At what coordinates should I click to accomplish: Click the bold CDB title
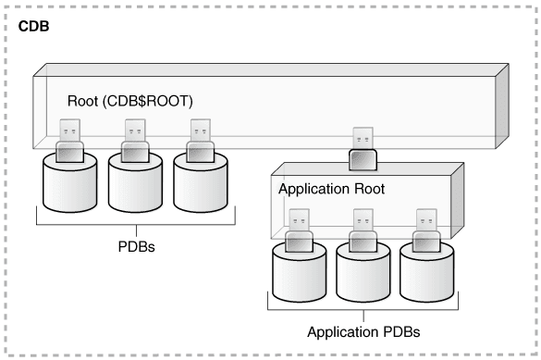[x=33, y=27]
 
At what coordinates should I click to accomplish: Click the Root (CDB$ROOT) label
[x=130, y=101]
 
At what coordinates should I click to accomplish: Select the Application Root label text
[x=331, y=189]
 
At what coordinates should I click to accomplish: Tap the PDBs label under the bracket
[x=136, y=246]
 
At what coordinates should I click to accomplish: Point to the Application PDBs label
[x=363, y=331]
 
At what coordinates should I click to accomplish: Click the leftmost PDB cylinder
[x=69, y=186]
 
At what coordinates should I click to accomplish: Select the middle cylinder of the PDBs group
[x=135, y=186]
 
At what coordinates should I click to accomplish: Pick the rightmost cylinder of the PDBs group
[x=201, y=186]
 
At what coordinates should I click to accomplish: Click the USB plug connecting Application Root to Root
[x=363, y=149]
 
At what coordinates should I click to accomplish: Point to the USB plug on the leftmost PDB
[x=69, y=141]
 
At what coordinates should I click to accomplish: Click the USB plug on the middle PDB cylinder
[x=135, y=141]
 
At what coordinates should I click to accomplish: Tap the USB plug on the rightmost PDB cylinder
[x=201, y=141]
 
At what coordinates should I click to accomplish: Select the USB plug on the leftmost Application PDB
[x=299, y=230]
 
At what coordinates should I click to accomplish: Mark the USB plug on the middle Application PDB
[x=363, y=230]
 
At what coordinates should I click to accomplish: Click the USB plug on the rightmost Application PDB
[x=426, y=230]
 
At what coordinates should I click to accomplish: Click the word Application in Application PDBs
[x=338, y=332]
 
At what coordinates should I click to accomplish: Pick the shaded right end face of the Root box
[x=502, y=106]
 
